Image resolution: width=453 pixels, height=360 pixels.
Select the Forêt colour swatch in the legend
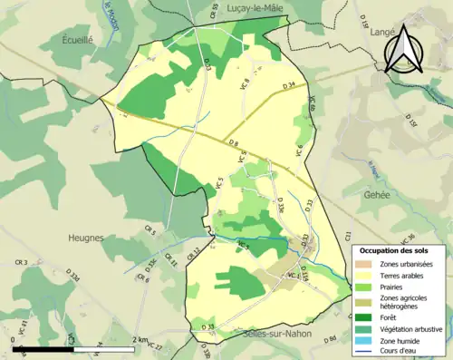click(x=362, y=317)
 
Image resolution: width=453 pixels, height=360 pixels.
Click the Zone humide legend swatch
click(x=362, y=343)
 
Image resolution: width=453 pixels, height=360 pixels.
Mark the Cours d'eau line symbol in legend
click(x=362, y=354)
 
